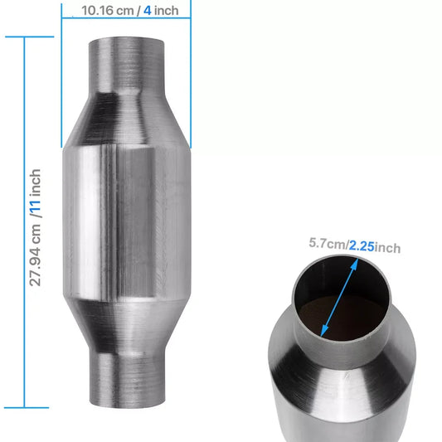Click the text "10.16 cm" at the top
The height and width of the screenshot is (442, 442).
click(x=105, y=11)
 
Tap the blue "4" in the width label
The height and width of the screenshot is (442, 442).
click(x=147, y=11)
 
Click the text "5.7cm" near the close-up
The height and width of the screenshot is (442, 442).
click(x=327, y=244)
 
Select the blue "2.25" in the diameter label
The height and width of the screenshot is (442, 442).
click(x=362, y=246)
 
